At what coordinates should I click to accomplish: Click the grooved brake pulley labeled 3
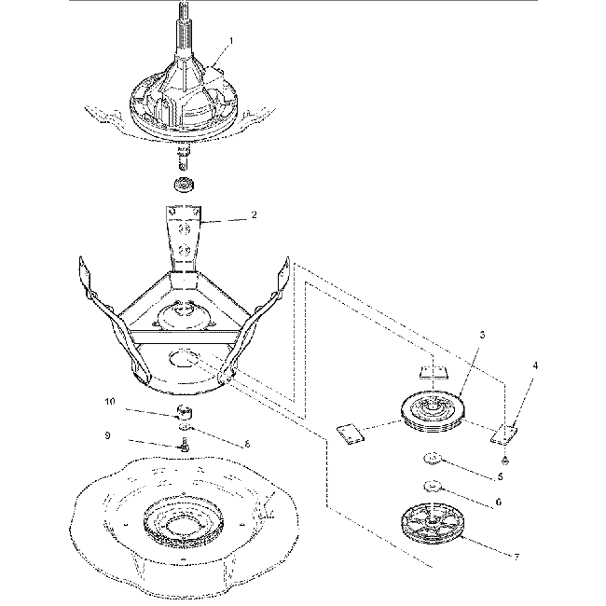(436, 411)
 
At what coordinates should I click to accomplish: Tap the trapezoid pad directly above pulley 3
(429, 370)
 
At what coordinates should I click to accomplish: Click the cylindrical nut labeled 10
(186, 411)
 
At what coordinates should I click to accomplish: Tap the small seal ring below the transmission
(185, 182)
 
